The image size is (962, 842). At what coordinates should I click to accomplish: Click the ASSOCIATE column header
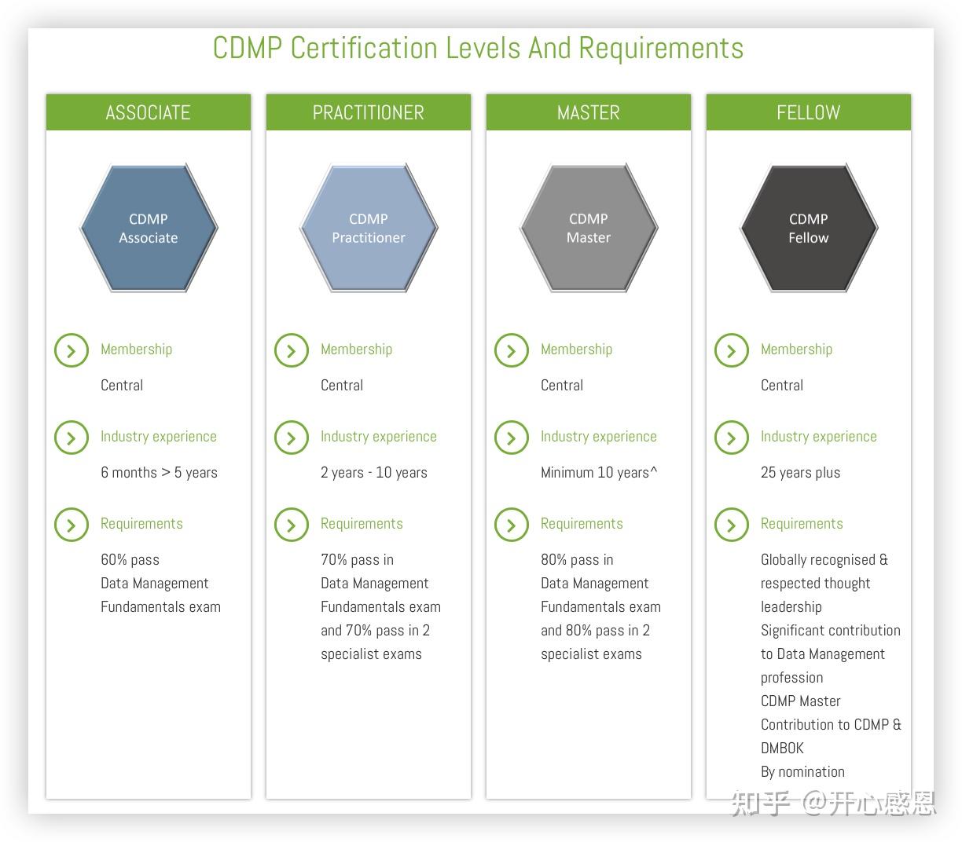(148, 112)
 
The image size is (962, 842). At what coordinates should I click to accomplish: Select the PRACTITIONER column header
(368, 112)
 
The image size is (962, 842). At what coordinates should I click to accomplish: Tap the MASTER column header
(588, 112)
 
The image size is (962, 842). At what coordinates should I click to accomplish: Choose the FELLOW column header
(808, 112)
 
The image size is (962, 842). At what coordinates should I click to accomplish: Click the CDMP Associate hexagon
(149, 229)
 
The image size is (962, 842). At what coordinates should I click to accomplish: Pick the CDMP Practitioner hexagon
(369, 229)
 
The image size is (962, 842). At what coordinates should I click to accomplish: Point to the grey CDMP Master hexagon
(589, 229)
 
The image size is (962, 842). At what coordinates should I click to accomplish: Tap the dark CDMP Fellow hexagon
(809, 229)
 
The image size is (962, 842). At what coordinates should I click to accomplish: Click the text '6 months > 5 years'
(159, 472)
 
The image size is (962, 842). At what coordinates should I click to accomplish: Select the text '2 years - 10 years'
(374, 472)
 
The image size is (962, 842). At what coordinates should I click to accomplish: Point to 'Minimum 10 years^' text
(599, 472)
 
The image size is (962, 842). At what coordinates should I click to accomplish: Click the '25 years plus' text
(800, 472)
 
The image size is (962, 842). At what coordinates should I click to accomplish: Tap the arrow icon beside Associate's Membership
(72, 350)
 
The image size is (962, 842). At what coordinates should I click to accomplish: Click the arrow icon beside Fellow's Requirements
(732, 525)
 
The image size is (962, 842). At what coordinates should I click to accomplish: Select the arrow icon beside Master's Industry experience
(512, 437)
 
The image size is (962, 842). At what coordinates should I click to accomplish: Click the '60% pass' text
(130, 559)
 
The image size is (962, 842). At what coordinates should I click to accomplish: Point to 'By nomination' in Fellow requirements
(802, 771)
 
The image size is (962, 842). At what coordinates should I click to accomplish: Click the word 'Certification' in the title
(364, 48)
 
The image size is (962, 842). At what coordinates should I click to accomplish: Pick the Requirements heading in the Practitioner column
(362, 524)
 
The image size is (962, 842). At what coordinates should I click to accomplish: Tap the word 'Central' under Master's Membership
(562, 385)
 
